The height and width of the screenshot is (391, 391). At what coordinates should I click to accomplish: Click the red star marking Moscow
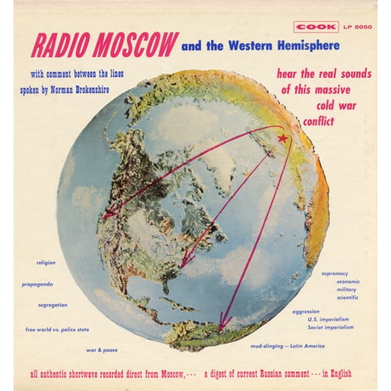(x=282, y=138)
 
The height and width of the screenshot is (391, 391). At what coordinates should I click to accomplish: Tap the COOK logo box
(x=316, y=27)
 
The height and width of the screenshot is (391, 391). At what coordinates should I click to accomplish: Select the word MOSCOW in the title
(x=135, y=45)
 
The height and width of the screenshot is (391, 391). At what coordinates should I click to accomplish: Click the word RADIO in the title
(x=60, y=45)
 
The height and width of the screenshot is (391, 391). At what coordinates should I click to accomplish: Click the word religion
(x=46, y=262)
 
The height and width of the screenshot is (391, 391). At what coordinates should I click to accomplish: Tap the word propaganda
(x=37, y=284)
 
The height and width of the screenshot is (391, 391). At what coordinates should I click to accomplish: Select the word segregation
(x=52, y=305)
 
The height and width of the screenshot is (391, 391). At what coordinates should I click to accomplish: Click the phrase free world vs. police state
(x=57, y=329)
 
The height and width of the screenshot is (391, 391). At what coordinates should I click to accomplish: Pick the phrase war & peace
(x=101, y=350)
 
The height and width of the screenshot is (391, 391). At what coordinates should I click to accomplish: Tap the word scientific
(x=347, y=297)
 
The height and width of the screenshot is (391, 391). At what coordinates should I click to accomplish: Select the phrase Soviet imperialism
(x=331, y=327)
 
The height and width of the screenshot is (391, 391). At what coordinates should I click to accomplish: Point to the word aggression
(x=305, y=312)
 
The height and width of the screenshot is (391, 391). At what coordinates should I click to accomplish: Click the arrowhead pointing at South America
(x=223, y=324)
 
